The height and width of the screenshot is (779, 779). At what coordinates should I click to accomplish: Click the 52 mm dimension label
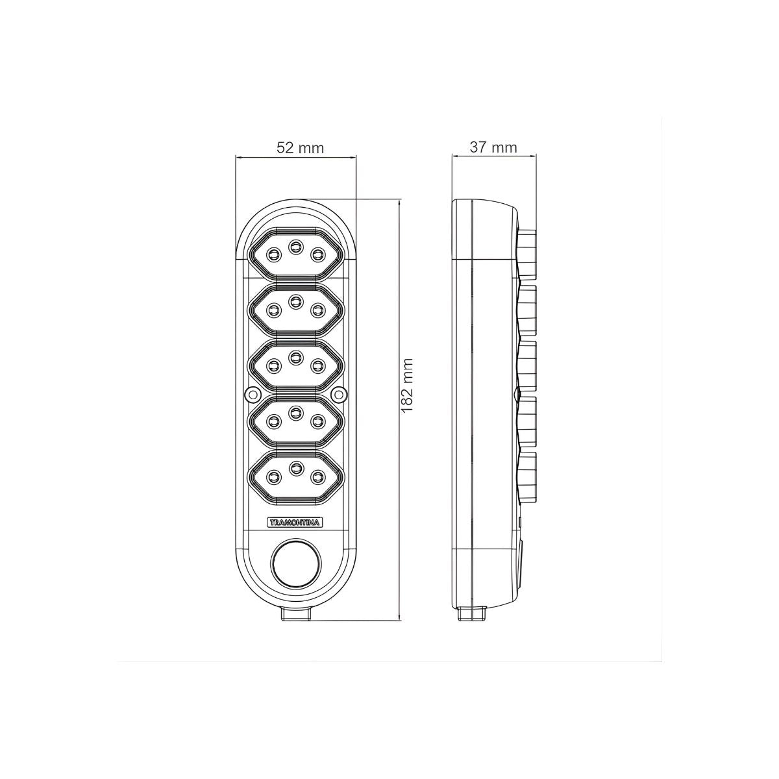pos(300,149)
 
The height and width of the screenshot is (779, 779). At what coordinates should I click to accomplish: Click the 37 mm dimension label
pos(493,147)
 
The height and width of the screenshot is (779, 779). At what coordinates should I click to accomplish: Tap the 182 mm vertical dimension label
pos(408,385)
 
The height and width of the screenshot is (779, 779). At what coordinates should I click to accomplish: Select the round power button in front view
pos(296,565)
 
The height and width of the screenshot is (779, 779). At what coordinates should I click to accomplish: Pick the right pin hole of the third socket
pos(317,366)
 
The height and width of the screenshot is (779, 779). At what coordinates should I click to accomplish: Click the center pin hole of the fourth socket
pos(296,412)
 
